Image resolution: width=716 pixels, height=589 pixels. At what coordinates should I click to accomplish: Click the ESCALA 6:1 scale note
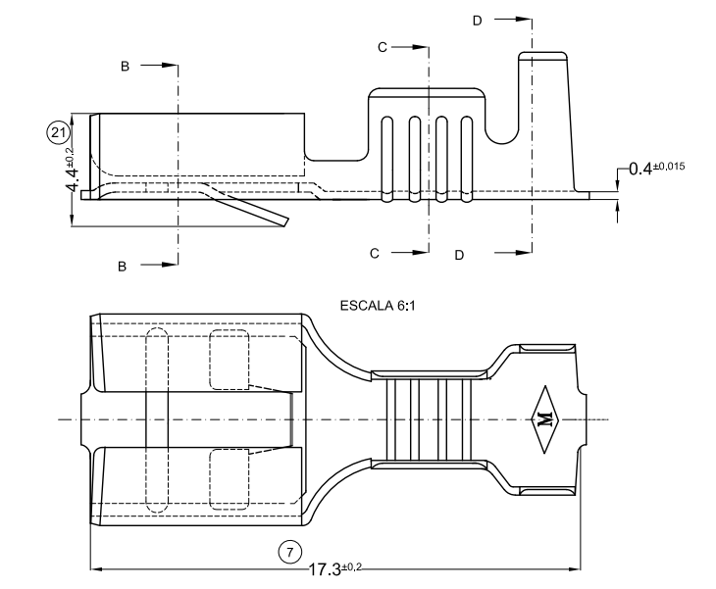tap(378, 306)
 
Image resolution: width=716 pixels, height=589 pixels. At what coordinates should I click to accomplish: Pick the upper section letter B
tap(125, 66)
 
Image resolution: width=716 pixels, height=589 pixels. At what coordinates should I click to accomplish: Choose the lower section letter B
tap(122, 265)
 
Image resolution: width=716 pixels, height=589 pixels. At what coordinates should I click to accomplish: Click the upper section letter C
tap(384, 47)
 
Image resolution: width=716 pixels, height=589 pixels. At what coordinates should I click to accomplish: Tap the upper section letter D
tap(478, 20)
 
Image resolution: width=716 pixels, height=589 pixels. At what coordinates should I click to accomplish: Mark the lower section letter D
tap(459, 255)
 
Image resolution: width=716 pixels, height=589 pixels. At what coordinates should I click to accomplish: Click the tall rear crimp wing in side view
tap(545, 118)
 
